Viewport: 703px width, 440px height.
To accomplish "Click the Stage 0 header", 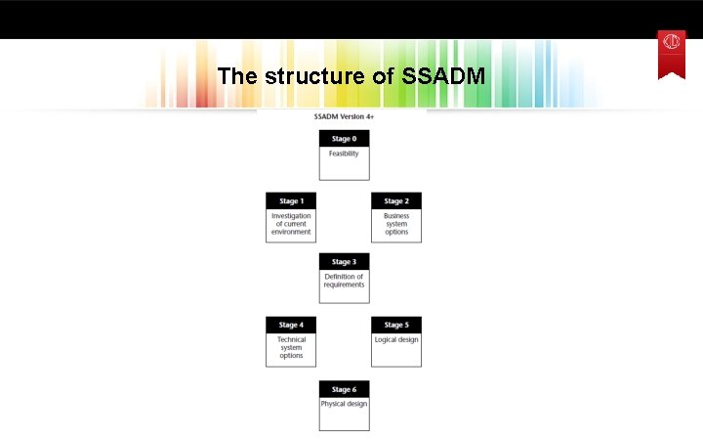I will [344, 139].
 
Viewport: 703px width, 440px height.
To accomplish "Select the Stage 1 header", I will [291, 201].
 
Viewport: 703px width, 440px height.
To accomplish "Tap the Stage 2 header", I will [396, 201].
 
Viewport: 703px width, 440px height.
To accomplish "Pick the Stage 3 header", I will [344, 262].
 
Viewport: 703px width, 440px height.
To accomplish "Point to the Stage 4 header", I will [291, 325].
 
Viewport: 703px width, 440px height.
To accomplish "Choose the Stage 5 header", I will [396, 325].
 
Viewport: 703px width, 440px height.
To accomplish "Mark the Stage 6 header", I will [344, 389].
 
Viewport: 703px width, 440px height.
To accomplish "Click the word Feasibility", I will [344, 154].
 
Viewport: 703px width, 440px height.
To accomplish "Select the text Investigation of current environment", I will [291, 224].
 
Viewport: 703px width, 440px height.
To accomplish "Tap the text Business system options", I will [396, 224].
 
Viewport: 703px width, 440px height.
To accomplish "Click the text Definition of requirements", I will [344, 281].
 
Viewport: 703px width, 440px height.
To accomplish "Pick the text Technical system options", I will [291, 347].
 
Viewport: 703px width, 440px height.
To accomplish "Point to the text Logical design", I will [396, 340].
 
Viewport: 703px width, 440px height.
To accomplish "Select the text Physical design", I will [344, 404].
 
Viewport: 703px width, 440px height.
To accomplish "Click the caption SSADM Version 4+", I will [344, 116].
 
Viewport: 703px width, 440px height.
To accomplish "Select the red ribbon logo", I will [671, 53].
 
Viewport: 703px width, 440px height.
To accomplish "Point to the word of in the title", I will [384, 75].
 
